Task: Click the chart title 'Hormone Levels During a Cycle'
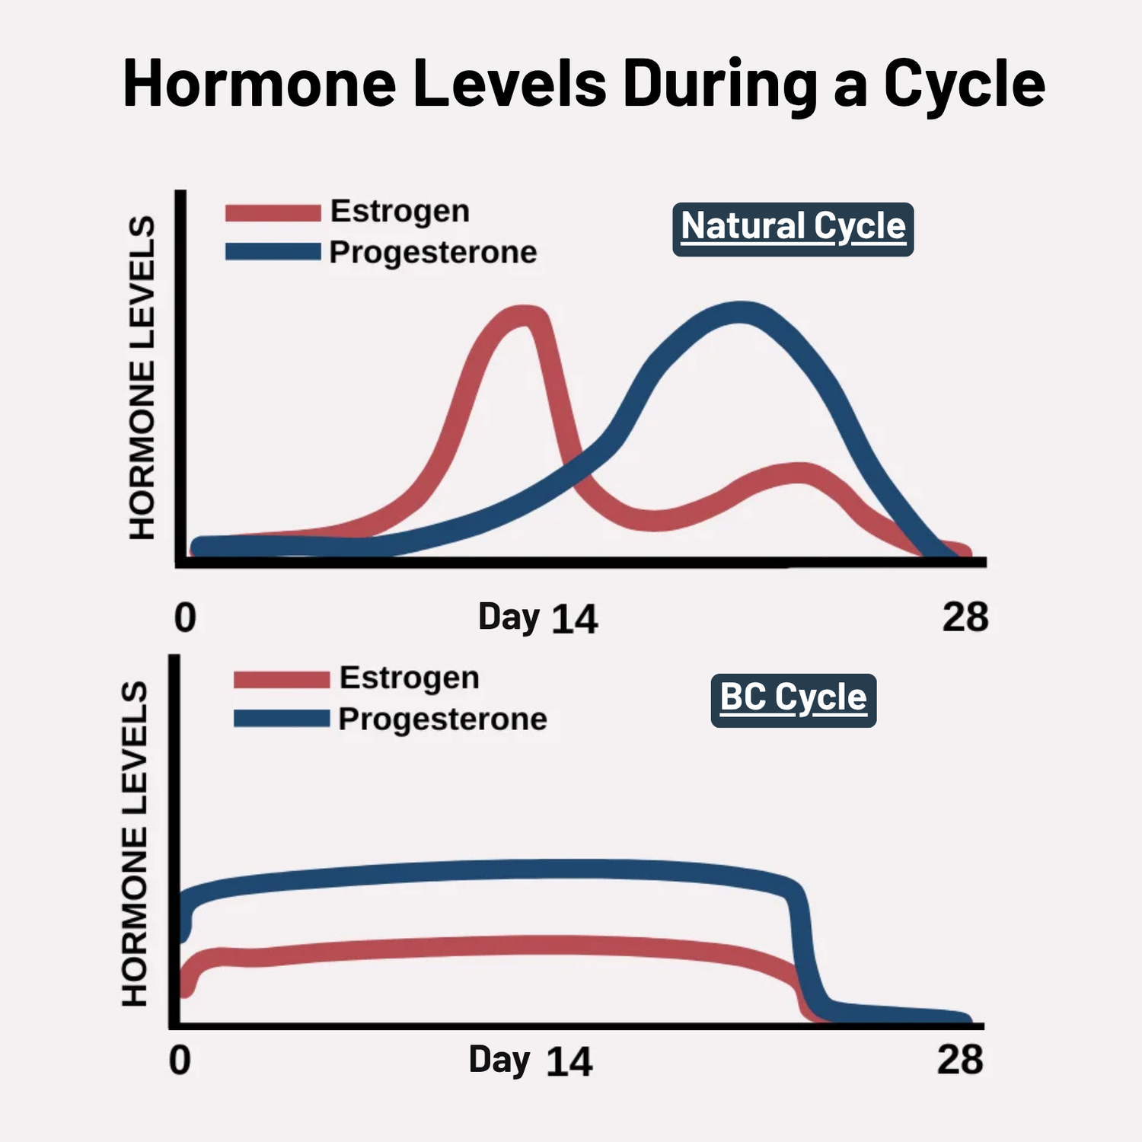[584, 84]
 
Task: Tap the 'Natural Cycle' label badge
[793, 228]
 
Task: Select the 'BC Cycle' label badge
[793, 699]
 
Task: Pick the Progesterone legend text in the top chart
[433, 253]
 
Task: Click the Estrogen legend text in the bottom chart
[409, 678]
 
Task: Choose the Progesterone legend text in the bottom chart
[442, 719]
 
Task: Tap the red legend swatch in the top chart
[273, 213]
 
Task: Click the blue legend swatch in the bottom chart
[281, 719]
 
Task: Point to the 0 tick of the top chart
[185, 617]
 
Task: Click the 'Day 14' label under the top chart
[538, 617]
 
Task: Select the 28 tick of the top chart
[965, 617]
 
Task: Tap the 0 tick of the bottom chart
[180, 1061]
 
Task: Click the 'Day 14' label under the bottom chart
[530, 1061]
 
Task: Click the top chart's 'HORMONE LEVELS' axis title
[142, 378]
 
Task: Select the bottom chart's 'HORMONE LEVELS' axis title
[135, 844]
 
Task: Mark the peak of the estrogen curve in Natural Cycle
[525, 316]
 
